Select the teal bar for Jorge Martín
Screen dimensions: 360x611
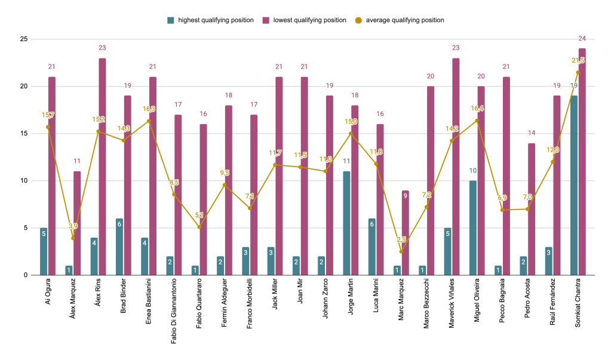(346, 223)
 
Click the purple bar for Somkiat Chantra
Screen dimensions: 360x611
(582, 162)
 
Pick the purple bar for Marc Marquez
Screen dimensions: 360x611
(405, 233)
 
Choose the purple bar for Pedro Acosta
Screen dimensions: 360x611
(532, 209)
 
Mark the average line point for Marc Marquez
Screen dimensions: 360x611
(401, 251)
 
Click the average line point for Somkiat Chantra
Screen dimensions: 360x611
(578, 72)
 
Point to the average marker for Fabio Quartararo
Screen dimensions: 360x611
(199, 227)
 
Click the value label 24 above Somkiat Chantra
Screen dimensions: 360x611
(582, 39)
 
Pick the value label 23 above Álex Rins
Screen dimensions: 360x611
(102, 48)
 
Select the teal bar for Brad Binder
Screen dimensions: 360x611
(119, 247)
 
